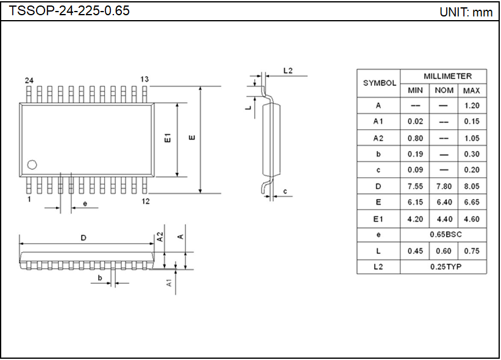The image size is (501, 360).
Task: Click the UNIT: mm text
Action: (466, 12)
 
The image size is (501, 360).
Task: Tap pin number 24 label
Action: (29, 80)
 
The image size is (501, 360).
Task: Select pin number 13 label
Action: (144, 80)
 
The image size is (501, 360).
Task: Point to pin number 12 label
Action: (146, 201)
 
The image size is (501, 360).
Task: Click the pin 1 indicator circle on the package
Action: (32, 164)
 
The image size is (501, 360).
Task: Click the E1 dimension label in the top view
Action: (168, 138)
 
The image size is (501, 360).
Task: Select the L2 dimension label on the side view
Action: (288, 71)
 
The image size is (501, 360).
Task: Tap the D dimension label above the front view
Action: (83, 238)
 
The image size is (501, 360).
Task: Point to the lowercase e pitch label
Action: (85, 203)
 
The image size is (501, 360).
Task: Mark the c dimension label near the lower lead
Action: (285, 192)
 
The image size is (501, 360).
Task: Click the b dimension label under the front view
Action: (99, 278)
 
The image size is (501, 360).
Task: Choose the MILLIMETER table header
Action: (447, 76)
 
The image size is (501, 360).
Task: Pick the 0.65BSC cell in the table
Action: (443, 235)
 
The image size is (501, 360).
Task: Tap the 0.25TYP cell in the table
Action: (443, 267)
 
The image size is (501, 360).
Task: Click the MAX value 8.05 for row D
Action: (471, 186)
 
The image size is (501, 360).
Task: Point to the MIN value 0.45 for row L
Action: (415, 251)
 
